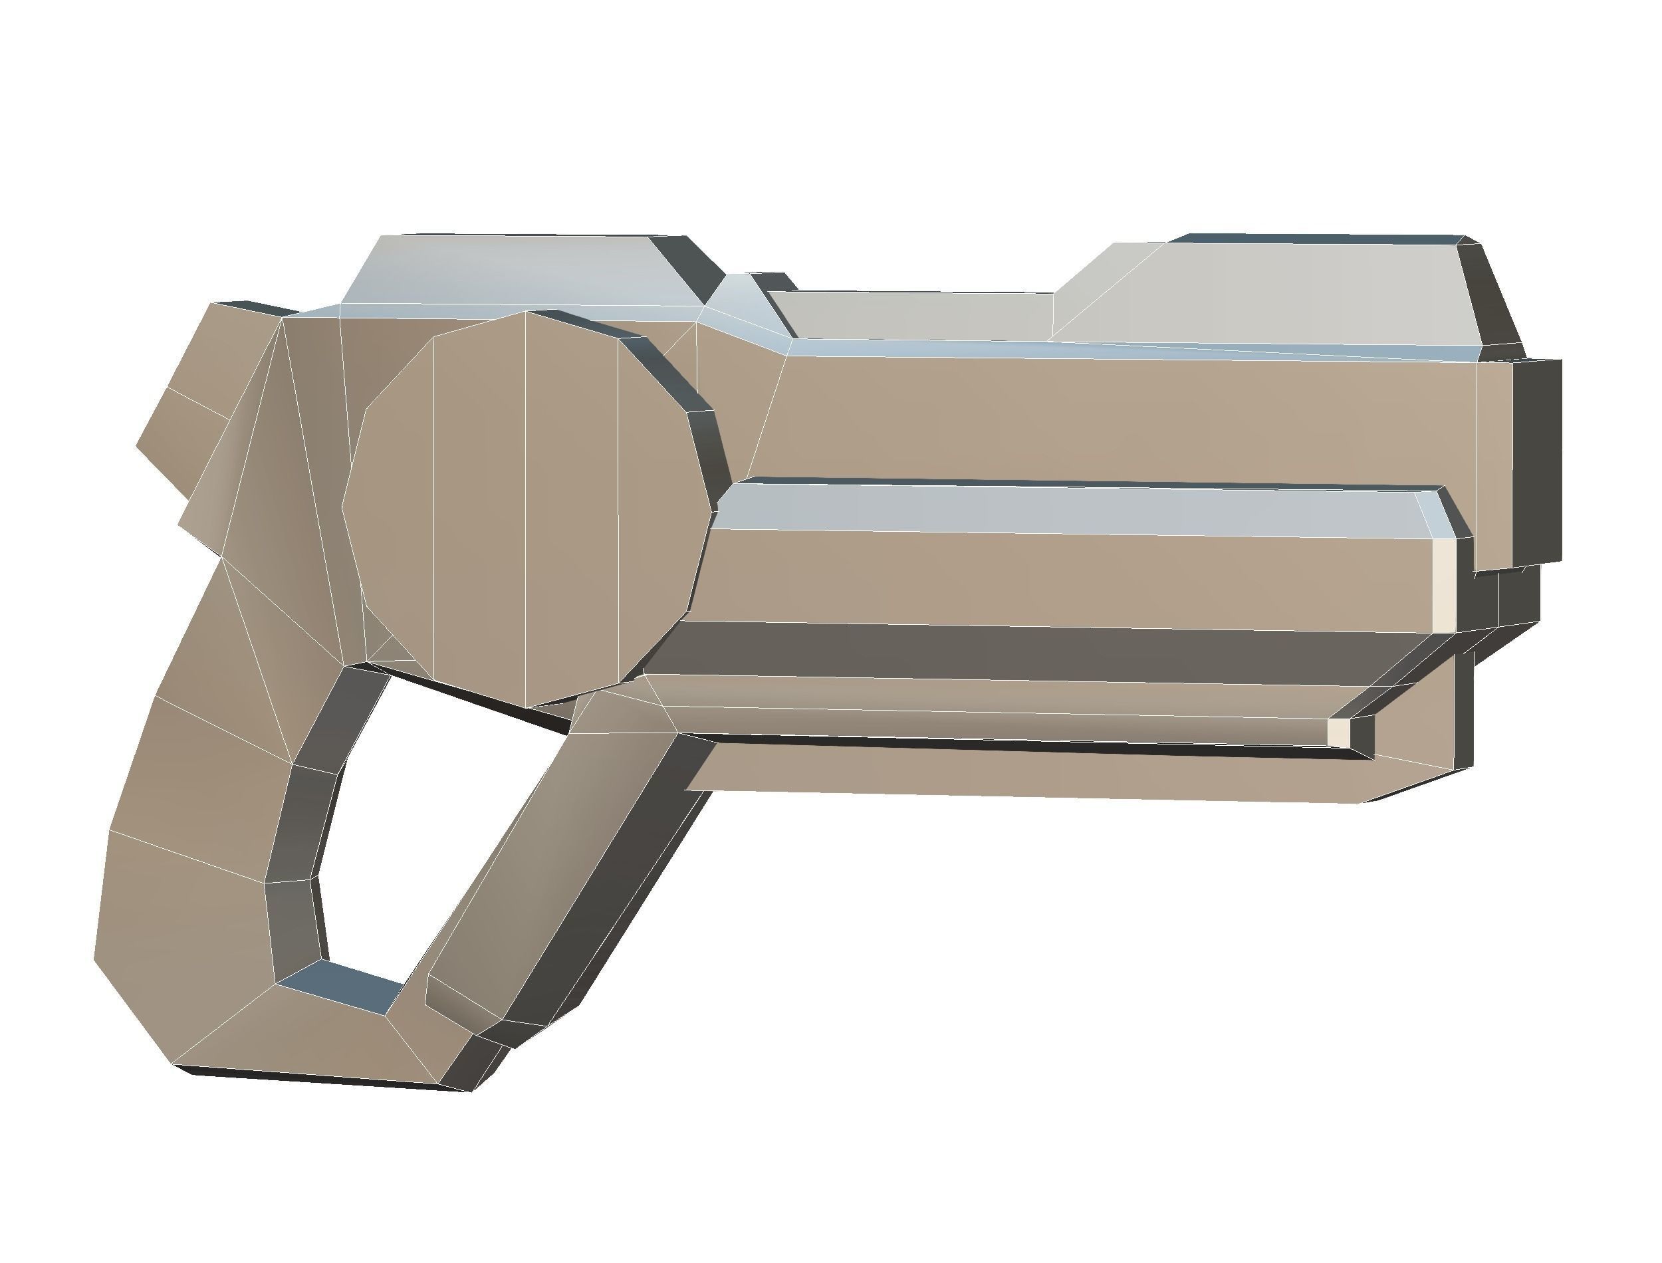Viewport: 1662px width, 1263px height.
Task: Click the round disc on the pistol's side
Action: click(526, 511)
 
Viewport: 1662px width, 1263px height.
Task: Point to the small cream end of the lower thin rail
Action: click(1339, 731)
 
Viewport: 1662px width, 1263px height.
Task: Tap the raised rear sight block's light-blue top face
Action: click(519, 271)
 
